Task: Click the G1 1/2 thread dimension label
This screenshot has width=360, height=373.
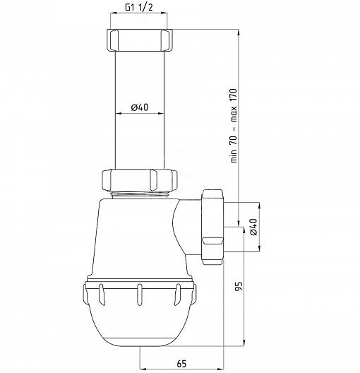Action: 139,7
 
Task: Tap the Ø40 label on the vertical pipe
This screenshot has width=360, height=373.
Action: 140,107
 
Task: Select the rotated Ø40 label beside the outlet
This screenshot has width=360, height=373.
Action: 253,227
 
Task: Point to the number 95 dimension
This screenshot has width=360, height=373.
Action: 239,286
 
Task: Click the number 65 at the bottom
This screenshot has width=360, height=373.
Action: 181,363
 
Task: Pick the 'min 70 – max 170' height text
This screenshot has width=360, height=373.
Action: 234,125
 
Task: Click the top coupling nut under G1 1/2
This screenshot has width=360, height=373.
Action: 139,40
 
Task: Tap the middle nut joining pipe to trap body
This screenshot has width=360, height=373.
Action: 140,180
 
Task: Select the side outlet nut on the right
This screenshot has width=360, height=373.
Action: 212,227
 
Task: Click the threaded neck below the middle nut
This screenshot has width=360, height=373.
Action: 140,194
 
